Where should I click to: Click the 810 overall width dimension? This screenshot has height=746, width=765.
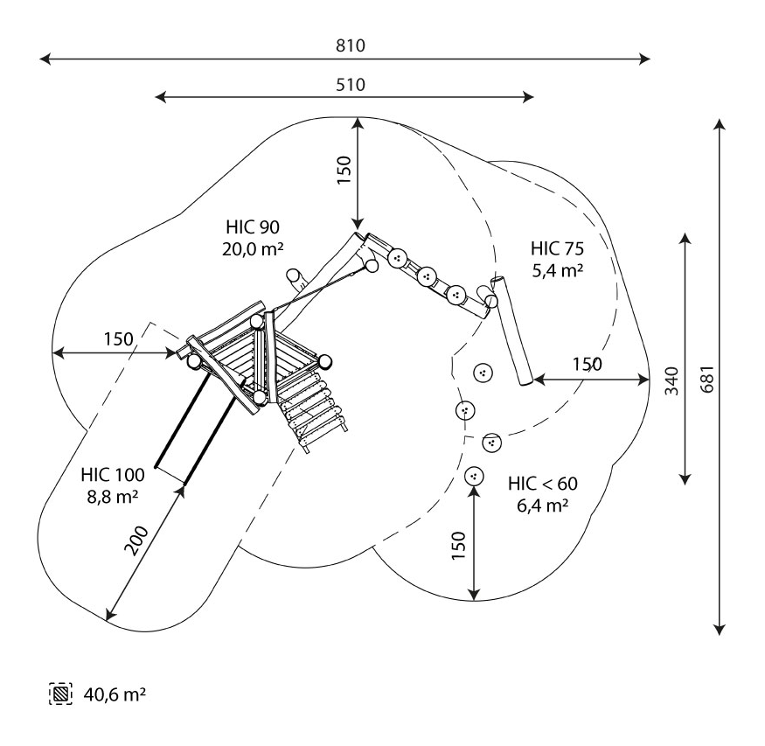coord(351,45)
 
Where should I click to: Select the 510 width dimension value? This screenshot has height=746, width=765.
coord(351,85)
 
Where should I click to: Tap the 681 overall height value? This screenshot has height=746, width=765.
coord(707,378)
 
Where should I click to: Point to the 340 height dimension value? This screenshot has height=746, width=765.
coord(671,380)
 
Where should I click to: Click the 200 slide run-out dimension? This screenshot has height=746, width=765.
coord(136,540)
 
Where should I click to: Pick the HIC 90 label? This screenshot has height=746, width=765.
coord(253,227)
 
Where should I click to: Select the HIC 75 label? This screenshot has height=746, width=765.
coord(557,248)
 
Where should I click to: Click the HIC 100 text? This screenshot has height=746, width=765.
coord(113,474)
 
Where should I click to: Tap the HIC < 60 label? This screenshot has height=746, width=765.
coord(543,484)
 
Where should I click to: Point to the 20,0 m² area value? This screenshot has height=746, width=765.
coord(253,249)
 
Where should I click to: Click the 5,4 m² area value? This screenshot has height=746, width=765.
coord(557,270)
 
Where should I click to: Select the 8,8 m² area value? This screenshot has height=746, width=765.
coord(113,497)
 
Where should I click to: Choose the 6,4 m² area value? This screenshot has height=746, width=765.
coord(543,505)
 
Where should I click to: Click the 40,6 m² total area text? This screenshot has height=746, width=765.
coord(115,694)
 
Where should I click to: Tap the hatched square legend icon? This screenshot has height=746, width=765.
coord(60,694)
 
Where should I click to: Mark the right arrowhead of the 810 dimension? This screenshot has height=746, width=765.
coord(645,59)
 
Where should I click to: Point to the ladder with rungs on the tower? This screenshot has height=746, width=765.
coord(312,408)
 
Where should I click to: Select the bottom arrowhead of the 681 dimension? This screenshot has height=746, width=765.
coord(720,630)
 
